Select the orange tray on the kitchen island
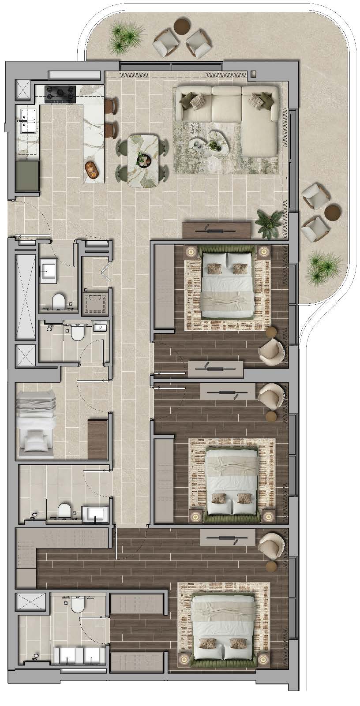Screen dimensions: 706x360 pos(92,168)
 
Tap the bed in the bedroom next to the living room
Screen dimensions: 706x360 pos(228,284)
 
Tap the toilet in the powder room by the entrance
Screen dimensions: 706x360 pos(58,302)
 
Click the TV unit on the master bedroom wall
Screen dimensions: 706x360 pos(227,538)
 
